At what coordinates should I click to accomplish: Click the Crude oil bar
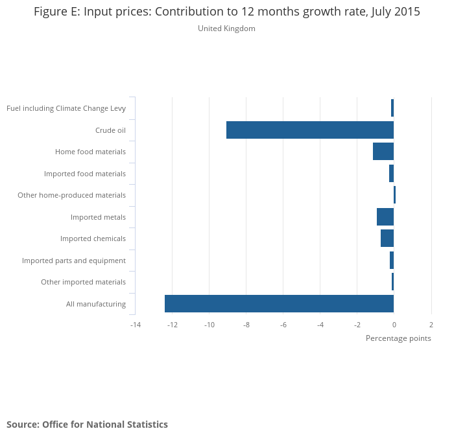coord(310,130)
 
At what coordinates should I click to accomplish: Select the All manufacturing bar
coord(279,303)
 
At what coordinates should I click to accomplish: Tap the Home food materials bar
coord(383,152)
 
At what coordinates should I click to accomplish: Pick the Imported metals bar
coord(385,217)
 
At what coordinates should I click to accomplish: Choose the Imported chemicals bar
coord(387,238)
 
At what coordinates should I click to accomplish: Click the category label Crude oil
coord(110,130)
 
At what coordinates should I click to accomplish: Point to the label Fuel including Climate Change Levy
coord(66,108)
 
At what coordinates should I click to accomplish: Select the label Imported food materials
coord(85,174)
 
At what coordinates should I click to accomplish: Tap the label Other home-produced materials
coord(71,195)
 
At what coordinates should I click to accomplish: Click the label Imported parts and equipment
coord(74,261)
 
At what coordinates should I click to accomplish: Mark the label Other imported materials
coord(83,282)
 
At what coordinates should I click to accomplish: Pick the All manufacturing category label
coord(96,304)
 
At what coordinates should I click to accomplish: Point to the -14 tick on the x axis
coord(135,324)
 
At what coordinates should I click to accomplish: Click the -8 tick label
coord(246,324)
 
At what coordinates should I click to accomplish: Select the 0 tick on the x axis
coord(394,324)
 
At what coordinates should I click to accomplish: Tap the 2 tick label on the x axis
coord(431,324)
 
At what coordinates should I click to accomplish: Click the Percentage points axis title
coord(398,338)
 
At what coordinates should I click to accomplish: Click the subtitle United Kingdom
coord(226,29)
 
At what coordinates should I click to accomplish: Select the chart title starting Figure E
coord(227,12)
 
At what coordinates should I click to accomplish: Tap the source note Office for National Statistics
coord(87,425)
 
